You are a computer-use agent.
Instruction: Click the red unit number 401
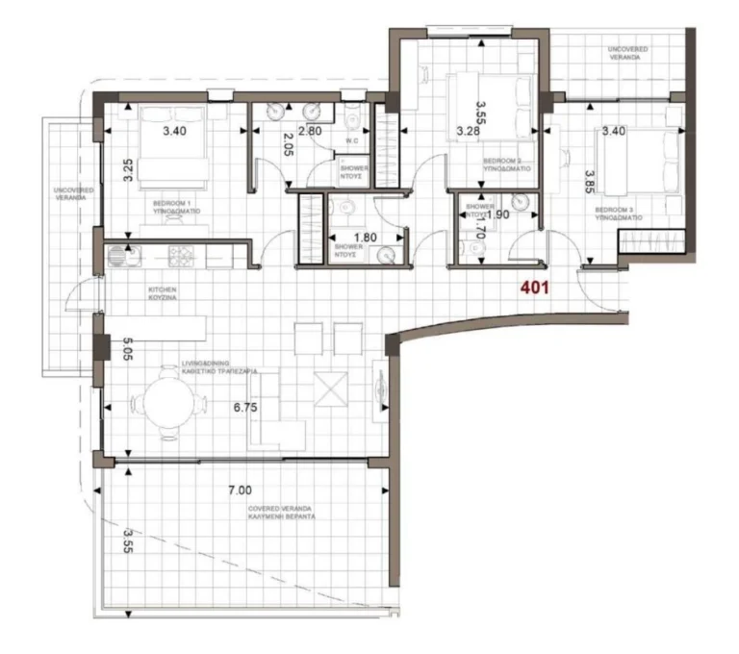[x=535, y=287]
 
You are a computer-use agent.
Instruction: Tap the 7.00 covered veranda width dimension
[x=240, y=490]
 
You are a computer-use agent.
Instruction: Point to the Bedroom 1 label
[x=175, y=207]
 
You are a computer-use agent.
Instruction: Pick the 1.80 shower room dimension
[x=365, y=238]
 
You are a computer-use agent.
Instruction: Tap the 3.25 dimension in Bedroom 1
[x=127, y=169]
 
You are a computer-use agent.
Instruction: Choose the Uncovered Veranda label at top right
[x=625, y=52]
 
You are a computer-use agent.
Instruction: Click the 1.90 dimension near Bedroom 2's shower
[x=498, y=214]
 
